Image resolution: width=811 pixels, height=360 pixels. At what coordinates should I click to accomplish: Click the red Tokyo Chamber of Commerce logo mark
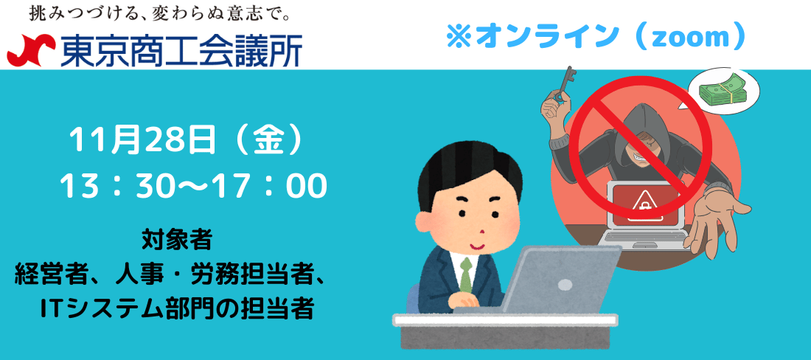click(x=31, y=50)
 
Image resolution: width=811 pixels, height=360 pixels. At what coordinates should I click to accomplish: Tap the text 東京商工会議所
click(x=181, y=50)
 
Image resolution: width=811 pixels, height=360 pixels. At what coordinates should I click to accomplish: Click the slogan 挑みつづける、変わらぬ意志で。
click(x=159, y=13)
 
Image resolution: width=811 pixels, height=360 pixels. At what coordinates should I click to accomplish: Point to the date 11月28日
click(x=142, y=139)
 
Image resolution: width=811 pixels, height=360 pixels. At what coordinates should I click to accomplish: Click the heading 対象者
click(x=177, y=240)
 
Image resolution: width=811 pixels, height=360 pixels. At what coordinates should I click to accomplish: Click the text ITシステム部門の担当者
click(x=178, y=308)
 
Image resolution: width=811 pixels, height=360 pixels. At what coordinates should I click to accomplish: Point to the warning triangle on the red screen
click(x=645, y=204)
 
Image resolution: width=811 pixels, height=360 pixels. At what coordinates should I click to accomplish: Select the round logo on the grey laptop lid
click(x=565, y=285)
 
